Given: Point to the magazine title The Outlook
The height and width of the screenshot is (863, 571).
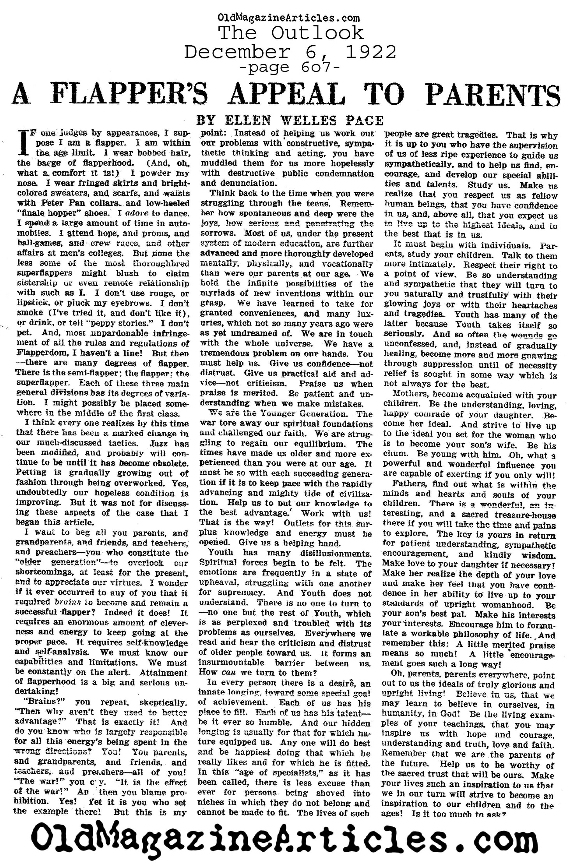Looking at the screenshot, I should point(291,33).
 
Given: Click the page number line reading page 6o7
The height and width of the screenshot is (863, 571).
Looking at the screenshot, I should point(290,67).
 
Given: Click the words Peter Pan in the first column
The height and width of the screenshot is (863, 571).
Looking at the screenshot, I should point(58,203).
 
